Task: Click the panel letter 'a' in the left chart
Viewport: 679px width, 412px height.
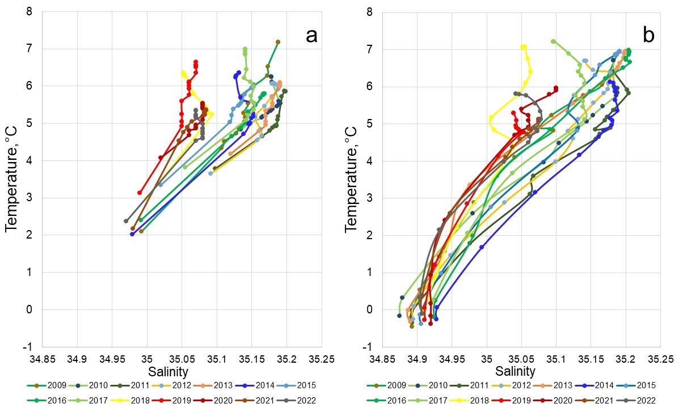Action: (311, 36)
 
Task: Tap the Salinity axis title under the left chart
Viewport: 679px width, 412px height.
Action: (168, 372)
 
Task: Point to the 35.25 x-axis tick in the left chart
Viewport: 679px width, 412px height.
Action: (322, 358)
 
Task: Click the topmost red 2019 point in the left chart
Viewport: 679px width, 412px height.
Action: (196, 62)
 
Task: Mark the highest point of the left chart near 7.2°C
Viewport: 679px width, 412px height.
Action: (277, 42)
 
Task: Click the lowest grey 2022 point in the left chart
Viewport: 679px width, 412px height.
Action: (126, 221)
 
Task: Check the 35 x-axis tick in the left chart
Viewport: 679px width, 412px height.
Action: (147, 358)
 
